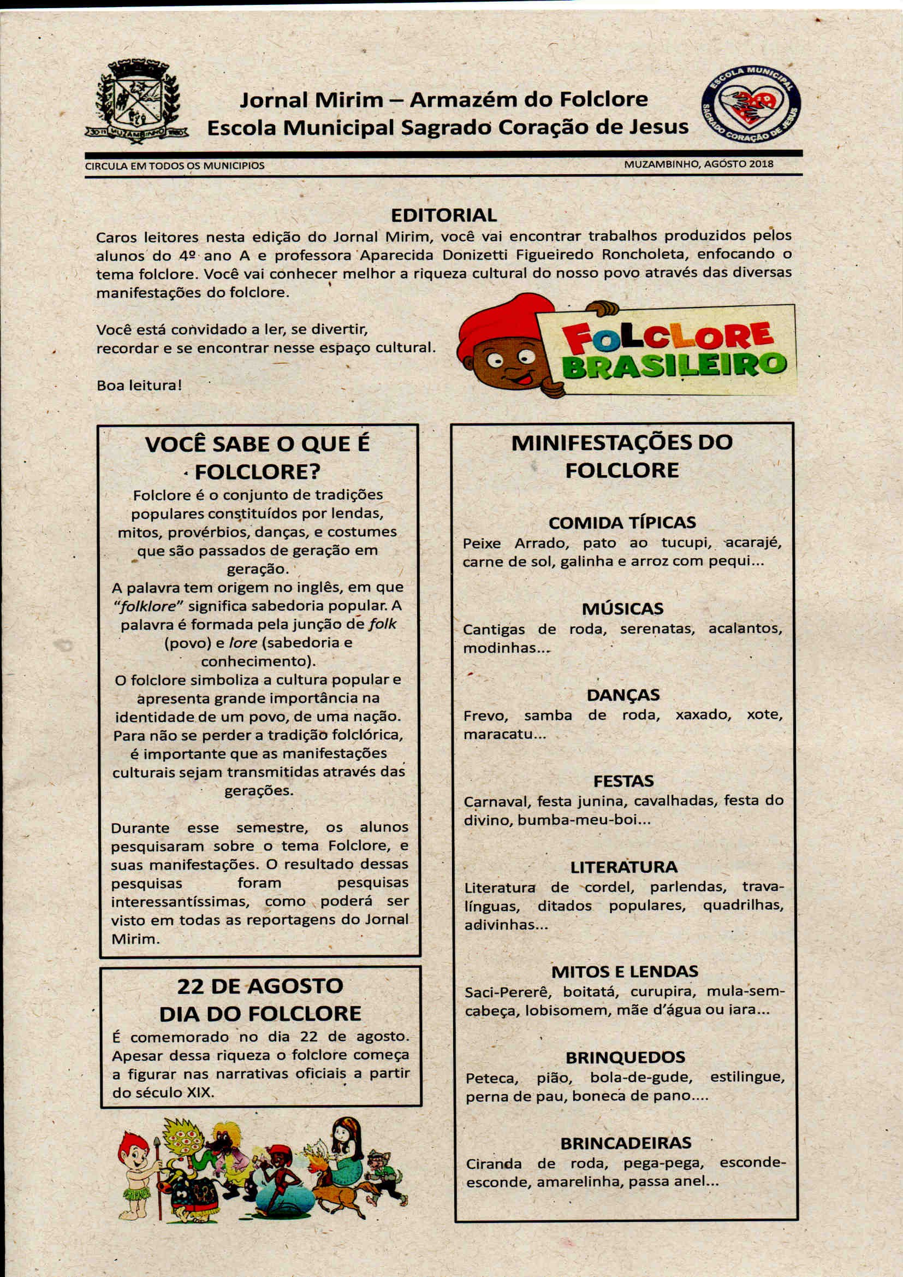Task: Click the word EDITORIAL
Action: (443, 215)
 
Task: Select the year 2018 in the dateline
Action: (760, 164)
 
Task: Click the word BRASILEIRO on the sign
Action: (674, 366)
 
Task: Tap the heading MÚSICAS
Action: (622, 608)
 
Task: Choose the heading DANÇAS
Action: (623, 695)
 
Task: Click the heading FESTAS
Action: (623, 781)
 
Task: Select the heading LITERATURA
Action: (623, 867)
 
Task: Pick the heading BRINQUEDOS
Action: (625, 1057)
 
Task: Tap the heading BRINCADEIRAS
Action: (626, 1143)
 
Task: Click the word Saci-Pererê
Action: (508, 991)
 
